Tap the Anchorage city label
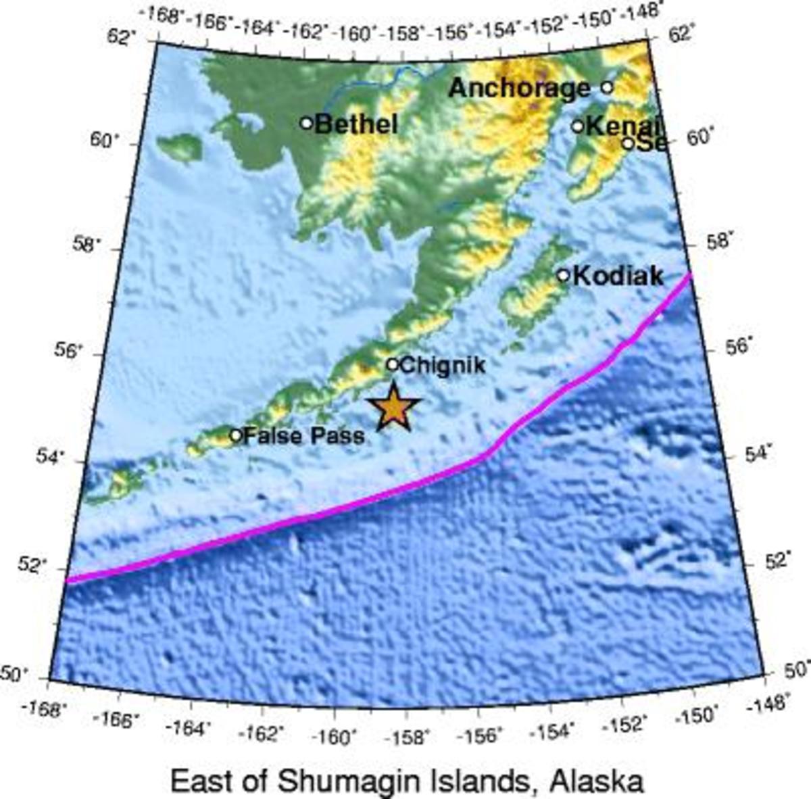(x=518, y=88)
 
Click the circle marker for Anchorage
(x=606, y=87)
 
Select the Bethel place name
(x=356, y=124)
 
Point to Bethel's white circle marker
(x=306, y=123)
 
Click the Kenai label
(x=622, y=126)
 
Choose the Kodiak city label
(x=618, y=276)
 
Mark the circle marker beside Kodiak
(x=563, y=275)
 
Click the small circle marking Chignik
(x=392, y=364)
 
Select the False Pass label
(x=303, y=436)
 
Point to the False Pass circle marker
(x=236, y=435)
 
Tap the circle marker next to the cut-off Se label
(x=628, y=143)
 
